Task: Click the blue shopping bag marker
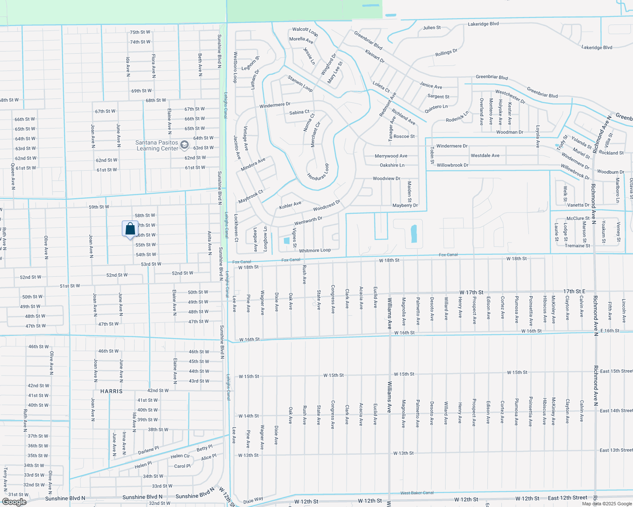[x=130, y=229]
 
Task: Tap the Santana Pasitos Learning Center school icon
[x=184, y=145]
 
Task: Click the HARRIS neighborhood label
[x=112, y=391]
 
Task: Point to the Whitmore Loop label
[x=315, y=251]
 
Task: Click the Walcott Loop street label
[x=305, y=31]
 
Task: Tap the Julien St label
[x=432, y=27]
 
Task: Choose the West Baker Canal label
[x=417, y=493]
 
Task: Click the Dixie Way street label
[x=253, y=501]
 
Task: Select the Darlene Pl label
[x=149, y=450]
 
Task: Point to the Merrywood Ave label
[x=391, y=156]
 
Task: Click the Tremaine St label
[x=577, y=245]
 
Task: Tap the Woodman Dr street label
[x=509, y=132]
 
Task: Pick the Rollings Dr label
[x=446, y=53]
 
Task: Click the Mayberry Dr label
[x=405, y=205]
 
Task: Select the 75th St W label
[x=140, y=32]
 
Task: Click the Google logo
[x=14, y=502]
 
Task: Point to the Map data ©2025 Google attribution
[x=607, y=504]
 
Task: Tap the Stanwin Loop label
[x=300, y=84]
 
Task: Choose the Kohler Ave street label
[x=290, y=205]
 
